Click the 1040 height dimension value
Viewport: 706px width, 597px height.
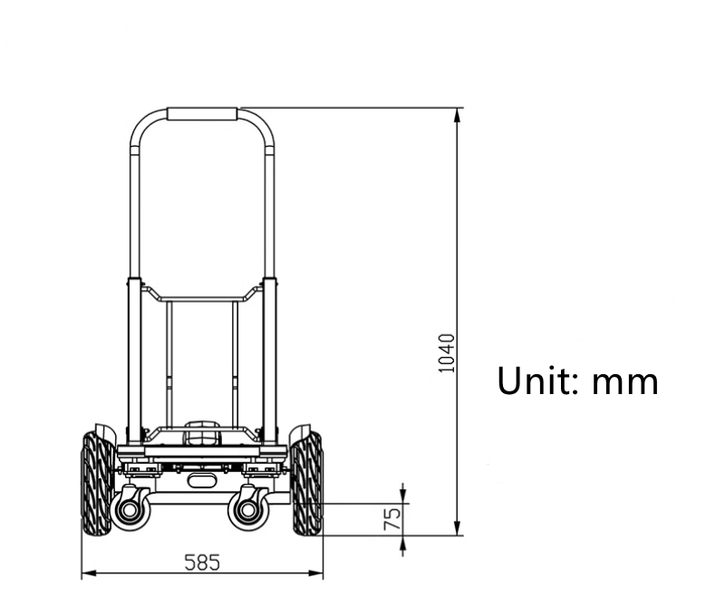pos(446,353)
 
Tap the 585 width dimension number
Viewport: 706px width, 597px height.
pos(202,563)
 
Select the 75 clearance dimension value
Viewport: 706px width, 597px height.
pos(392,519)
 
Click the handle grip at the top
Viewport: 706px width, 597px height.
pos(202,114)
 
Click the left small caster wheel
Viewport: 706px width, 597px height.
pos(131,509)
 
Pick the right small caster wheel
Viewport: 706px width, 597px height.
pos(247,510)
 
